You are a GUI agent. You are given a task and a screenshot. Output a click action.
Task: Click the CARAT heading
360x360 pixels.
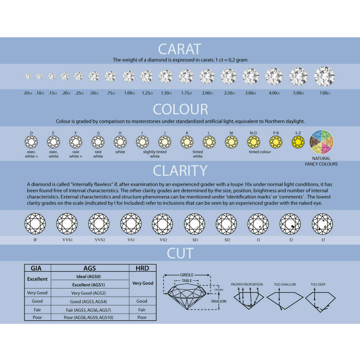click(x=180, y=49)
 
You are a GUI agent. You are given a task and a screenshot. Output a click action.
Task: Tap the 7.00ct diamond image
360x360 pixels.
click(x=324, y=76)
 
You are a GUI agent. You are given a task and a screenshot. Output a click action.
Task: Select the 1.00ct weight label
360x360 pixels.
click(x=129, y=93)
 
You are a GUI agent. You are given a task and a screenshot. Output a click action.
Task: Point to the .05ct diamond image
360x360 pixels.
click(x=28, y=76)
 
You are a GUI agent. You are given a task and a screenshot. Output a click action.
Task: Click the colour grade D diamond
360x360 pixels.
click(x=32, y=142)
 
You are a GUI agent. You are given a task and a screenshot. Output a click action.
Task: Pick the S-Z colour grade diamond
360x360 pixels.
click(x=298, y=142)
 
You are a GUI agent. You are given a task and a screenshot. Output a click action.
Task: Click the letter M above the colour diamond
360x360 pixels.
click(x=231, y=133)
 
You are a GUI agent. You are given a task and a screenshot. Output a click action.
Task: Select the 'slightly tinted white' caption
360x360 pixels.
click(x=155, y=154)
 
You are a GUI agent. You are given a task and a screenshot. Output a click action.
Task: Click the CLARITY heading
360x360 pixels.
click(x=180, y=171)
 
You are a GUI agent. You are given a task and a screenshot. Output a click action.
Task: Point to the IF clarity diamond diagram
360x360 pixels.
click(x=35, y=224)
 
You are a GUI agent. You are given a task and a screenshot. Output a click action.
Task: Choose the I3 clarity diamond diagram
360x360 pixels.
click(x=322, y=224)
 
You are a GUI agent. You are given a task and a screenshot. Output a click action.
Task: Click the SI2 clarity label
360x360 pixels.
click(x=227, y=240)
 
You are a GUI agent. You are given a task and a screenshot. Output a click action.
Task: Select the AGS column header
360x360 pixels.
click(x=90, y=268)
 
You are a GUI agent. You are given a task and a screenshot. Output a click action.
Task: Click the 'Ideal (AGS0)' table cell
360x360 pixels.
click(x=90, y=277)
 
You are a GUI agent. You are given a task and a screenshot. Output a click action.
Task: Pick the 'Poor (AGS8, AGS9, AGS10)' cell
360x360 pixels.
click(x=90, y=317)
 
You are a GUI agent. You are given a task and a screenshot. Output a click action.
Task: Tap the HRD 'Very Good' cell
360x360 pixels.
click(x=143, y=283)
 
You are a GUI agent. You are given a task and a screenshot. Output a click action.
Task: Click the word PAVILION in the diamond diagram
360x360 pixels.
click(x=219, y=301)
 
